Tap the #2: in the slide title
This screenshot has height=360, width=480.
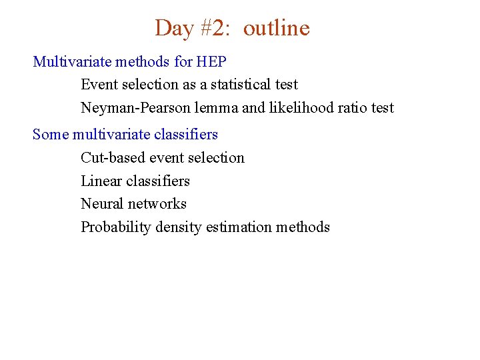214,28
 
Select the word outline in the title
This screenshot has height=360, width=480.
276,28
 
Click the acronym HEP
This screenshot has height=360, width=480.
211,62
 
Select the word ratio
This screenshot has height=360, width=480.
351,108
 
